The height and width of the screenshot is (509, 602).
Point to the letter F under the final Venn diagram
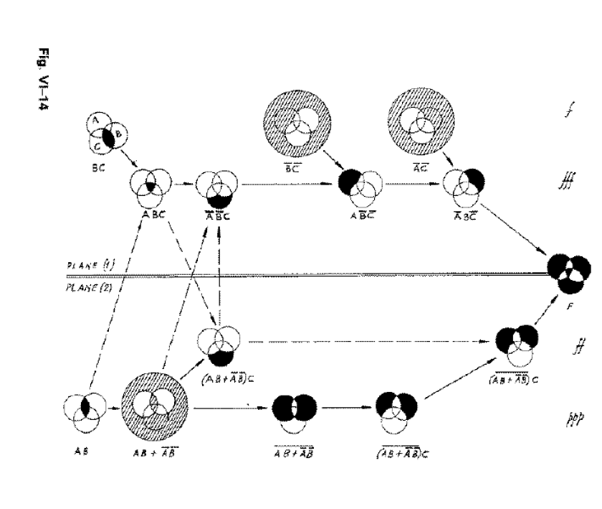point(568,304)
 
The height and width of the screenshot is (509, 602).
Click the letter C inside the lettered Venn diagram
point(96,144)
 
